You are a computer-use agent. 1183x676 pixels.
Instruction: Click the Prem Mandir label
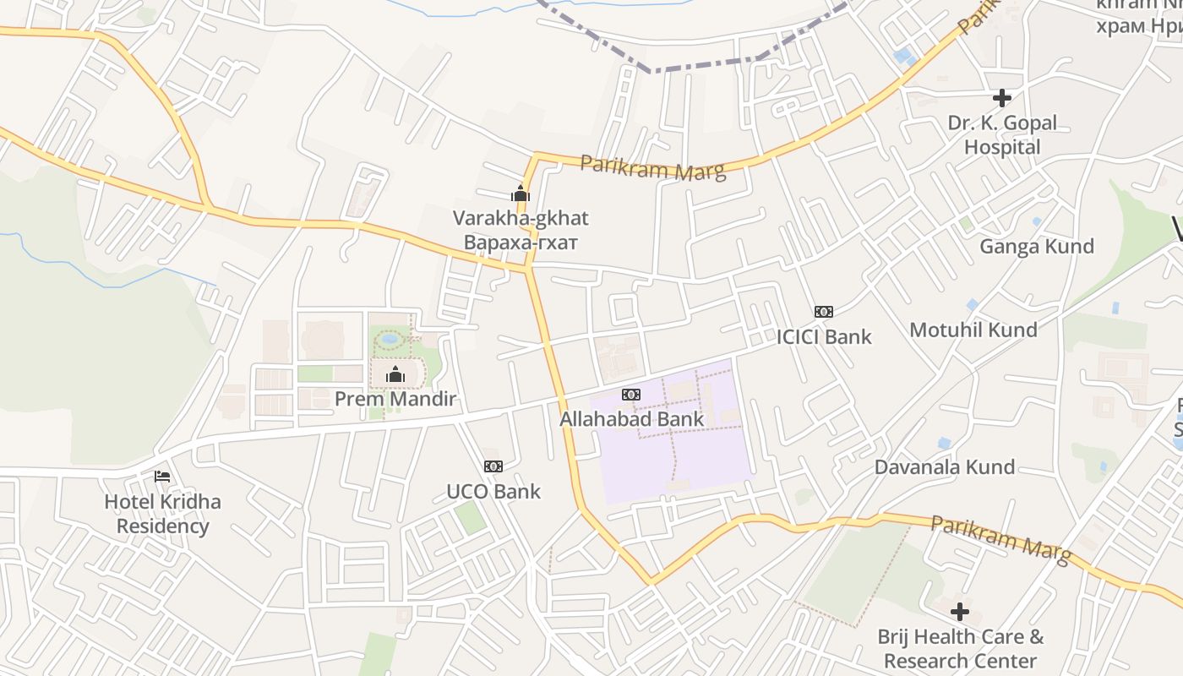395,399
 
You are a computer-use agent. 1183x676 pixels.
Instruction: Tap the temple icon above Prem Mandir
395,375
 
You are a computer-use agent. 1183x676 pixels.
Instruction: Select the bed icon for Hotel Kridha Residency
162,477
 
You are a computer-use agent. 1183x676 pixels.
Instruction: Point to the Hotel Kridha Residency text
162,514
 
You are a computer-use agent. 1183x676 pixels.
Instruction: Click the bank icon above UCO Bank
493,466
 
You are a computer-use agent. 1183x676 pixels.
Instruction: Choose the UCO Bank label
493,491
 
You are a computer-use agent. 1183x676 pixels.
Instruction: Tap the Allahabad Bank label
631,419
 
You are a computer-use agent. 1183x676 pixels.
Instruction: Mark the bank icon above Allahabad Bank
631,395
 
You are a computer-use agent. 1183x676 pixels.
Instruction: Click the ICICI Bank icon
824,312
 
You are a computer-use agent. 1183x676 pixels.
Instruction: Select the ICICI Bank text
824,336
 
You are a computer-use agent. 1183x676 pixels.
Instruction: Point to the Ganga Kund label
1037,246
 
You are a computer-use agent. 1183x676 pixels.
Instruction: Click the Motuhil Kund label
973,330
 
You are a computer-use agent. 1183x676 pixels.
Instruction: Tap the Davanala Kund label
945,467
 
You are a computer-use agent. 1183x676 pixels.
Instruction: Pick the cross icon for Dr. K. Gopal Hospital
1002,98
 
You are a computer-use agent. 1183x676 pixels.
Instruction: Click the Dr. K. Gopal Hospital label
1002,135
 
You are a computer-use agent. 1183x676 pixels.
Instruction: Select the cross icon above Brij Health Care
960,612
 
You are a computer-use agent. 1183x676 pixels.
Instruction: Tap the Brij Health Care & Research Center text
960,649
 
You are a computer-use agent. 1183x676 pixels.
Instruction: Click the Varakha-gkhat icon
521,194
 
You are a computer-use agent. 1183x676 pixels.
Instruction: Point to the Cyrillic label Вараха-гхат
521,243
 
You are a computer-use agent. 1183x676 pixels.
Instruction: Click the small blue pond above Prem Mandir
389,339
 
